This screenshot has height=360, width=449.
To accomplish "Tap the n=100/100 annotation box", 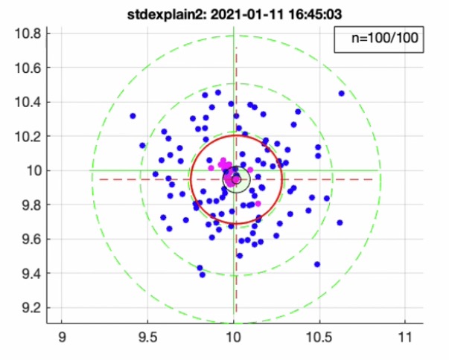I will pyautogui.click(x=379, y=40).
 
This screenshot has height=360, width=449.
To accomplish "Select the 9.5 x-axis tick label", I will pyautogui.click(x=147, y=337).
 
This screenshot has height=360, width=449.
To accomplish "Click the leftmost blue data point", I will pyautogui.click(x=133, y=116).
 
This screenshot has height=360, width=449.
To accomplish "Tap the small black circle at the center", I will pyautogui.click(x=236, y=179).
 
